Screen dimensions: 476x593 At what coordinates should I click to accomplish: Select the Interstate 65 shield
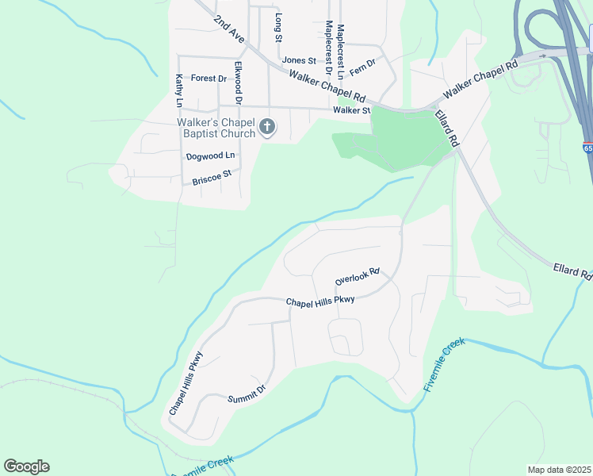point(587,148)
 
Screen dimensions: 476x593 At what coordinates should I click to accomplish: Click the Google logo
point(26,466)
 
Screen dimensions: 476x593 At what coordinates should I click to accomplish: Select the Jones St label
point(299,60)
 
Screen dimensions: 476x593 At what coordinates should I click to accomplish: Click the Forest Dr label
point(209,79)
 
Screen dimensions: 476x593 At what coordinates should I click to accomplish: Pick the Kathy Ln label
point(179,90)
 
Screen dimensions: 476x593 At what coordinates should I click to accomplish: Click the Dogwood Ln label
point(210,156)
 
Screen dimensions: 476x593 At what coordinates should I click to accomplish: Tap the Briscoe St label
point(211,177)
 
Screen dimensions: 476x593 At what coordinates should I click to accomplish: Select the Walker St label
point(351,110)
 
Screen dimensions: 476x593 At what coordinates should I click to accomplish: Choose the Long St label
point(278,26)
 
